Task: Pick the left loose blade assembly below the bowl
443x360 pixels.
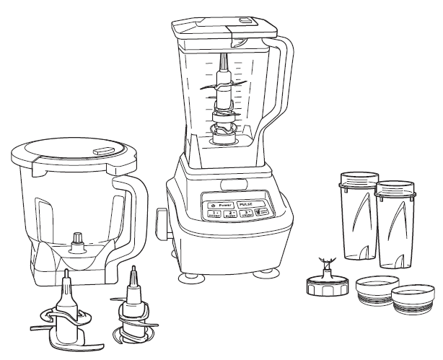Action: tap(65, 310)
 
